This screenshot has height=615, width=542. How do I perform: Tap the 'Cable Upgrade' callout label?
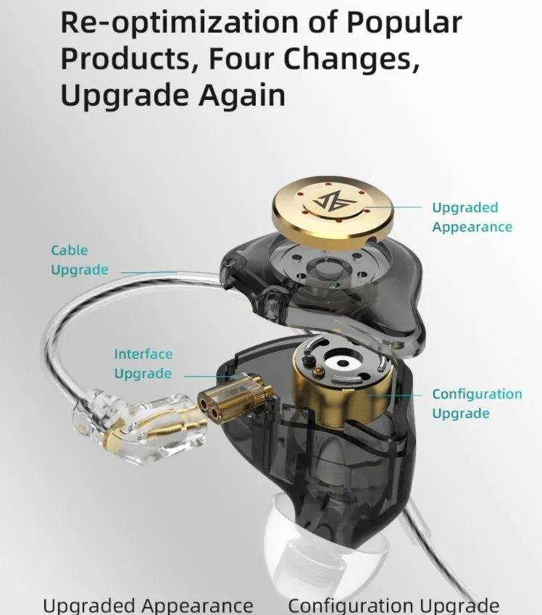(x=79, y=260)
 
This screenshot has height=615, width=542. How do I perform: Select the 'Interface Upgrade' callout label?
(x=143, y=364)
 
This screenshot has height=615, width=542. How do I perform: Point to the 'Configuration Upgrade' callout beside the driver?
(x=477, y=403)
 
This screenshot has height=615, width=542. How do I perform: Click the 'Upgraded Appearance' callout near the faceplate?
(x=472, y=217)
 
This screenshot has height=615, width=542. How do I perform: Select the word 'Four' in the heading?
(x=241, y=58)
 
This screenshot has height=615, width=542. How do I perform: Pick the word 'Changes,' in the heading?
(x=351, y=60)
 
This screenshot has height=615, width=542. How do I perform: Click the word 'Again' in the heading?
(x=242, y=96)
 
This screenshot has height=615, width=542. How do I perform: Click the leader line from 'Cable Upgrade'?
(x=149, y=272)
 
